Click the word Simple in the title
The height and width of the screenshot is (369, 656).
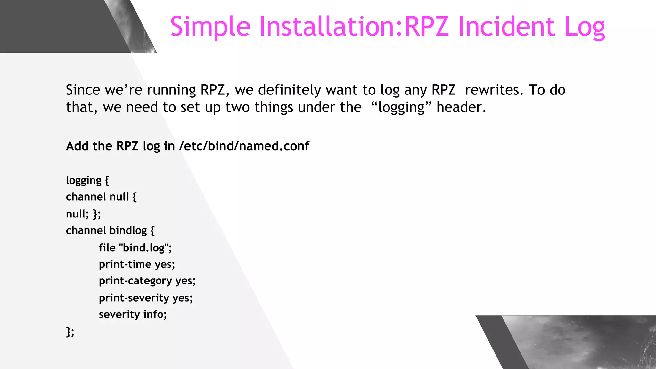[x=210, y=27]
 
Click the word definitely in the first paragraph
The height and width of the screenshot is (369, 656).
[x=289, y=90]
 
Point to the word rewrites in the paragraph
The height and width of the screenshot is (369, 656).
[x=494, y=90]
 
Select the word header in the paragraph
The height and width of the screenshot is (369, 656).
[x=461, y=107]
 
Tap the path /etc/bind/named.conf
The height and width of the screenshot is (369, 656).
[x=244, y=146]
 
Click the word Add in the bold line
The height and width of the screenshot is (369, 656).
[x=77, y=146]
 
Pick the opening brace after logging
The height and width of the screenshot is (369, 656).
[x=107, y=180]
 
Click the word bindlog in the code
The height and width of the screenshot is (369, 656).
[x=128, y=230]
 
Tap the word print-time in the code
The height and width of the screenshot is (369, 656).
[x=125, y=265]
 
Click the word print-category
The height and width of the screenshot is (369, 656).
[x=135, y=281]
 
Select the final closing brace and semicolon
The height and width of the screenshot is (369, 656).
[x=70, y=332]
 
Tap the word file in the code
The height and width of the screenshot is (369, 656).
[x=107, y=248]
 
